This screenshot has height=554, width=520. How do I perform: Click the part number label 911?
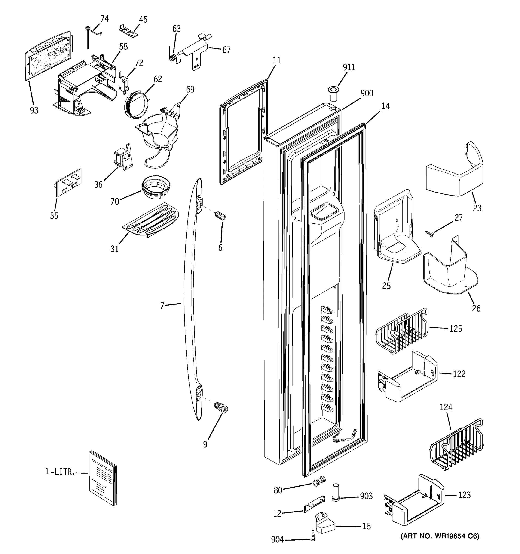(x=349, y=67)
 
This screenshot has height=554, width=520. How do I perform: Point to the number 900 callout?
(x=367, y=93)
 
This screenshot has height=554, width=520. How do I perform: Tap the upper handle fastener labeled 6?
(x=220, y=216)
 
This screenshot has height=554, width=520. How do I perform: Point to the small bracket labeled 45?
(x=129, y=31)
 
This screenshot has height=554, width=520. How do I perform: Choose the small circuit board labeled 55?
(x=69, y=183)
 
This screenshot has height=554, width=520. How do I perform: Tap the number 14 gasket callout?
(x=385, y=106)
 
